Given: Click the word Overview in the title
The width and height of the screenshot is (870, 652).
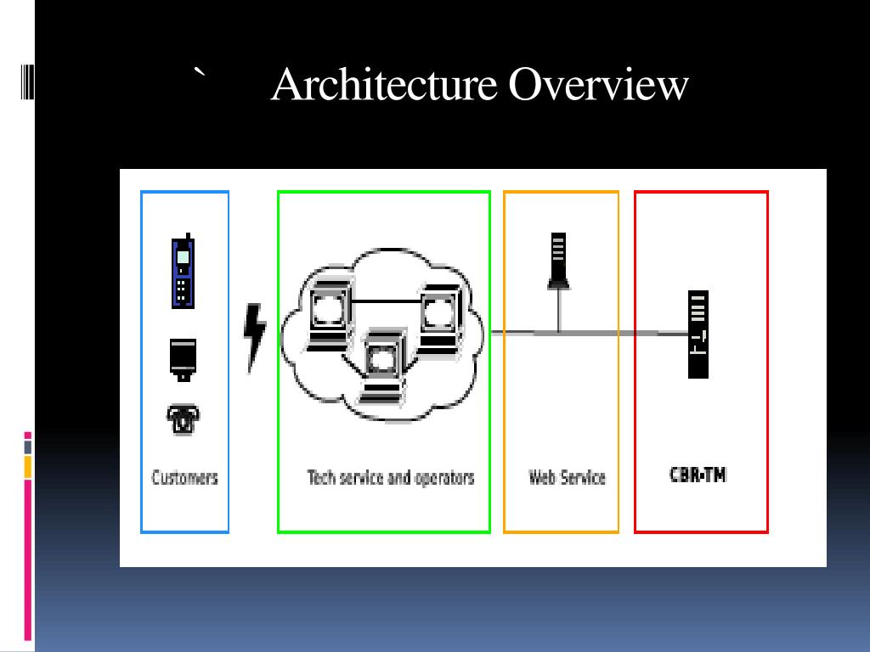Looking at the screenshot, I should point(599,85).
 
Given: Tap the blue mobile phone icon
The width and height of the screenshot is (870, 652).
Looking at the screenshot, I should point(184,272).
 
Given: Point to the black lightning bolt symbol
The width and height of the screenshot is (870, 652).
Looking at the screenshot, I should point(255,335).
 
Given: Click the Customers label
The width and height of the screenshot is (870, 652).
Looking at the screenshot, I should point(184,477).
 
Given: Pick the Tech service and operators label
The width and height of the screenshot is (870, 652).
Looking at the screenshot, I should point(390,477).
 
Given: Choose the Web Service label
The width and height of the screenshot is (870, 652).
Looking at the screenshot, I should point(567,477).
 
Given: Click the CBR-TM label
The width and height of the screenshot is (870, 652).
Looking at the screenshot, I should point(698,475).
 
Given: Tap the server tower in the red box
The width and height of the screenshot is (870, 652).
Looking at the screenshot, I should point(698,334).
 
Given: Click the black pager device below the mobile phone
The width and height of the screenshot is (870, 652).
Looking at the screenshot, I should point(183,357).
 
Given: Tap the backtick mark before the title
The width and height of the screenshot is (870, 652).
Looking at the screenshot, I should point(200,74).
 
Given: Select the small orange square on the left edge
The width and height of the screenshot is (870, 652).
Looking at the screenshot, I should point(27,466).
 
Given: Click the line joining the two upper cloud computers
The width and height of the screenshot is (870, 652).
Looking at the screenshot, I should point(384,302).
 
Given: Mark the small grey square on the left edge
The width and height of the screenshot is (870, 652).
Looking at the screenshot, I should point(27,447).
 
